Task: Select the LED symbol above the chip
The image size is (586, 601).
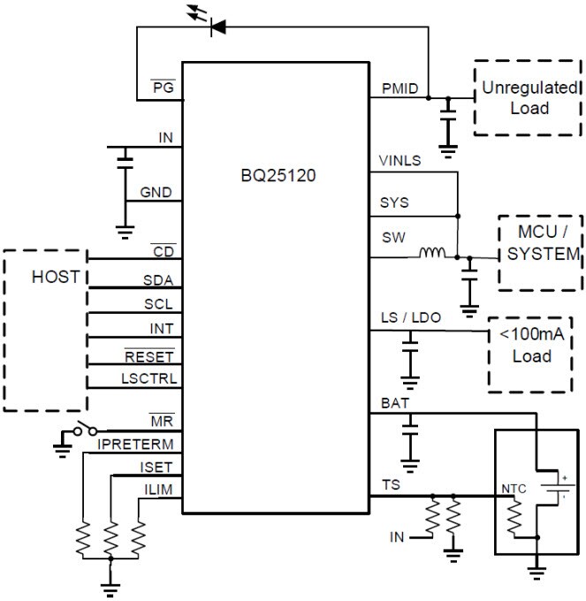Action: [214, 27]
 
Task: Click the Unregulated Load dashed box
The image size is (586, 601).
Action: [529, 98]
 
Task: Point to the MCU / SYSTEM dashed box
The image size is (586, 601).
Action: [540, 253]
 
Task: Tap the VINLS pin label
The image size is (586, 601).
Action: [400, 162]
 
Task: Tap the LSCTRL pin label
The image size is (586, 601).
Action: [149, 377]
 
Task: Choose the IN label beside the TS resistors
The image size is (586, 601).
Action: [398, 537]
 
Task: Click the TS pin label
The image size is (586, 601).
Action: [390, 485]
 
